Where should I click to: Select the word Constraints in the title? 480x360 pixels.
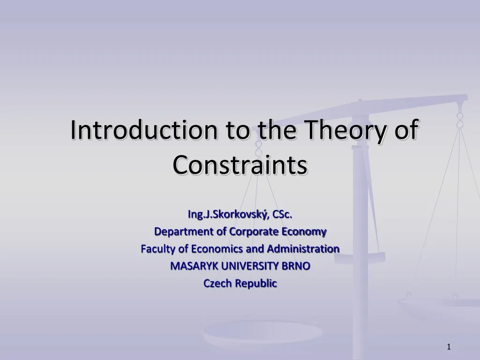pos(240,165)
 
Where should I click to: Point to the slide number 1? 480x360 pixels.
pos(449,347)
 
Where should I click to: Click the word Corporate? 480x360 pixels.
pos(252,232)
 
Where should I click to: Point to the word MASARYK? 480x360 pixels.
pos(194,266)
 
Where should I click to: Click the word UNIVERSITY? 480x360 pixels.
pos(250,266)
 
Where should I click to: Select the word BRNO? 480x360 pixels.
pos(296,266)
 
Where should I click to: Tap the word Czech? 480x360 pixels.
pos(217,284)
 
